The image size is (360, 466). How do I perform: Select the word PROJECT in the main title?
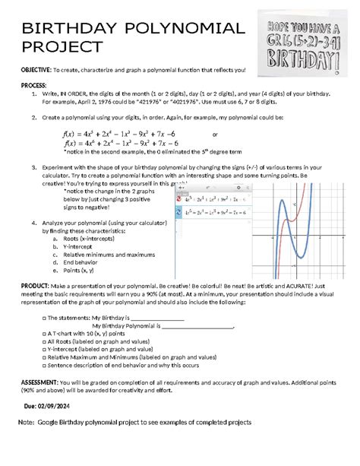click(x=61, y=46)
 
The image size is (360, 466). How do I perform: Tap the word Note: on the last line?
click(x=27, y=421)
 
